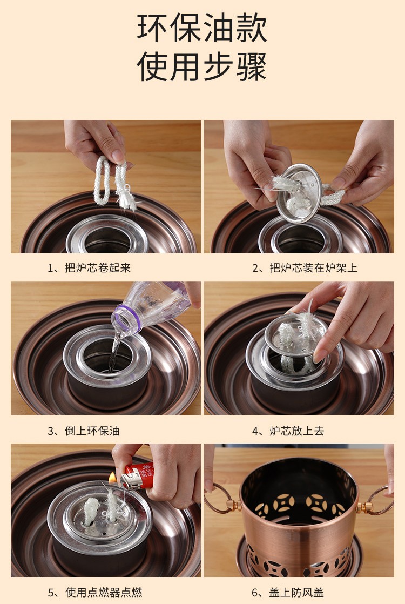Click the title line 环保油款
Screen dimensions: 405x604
[202, 28]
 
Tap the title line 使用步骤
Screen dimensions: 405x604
[202, 66]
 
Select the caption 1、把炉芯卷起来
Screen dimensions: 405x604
[89, 268]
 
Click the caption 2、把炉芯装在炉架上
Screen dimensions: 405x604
[305, 268]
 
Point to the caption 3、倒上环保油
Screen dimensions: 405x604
[84, 431]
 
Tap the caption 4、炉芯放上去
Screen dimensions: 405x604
[288, 431]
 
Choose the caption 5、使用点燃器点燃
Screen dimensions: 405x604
[94, 592]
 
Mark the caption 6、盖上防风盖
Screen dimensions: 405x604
[288, 592]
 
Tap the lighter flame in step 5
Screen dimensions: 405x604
[112, 478]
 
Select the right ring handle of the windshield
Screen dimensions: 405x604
[379, 501]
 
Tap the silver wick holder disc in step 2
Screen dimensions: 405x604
[299, 193]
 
